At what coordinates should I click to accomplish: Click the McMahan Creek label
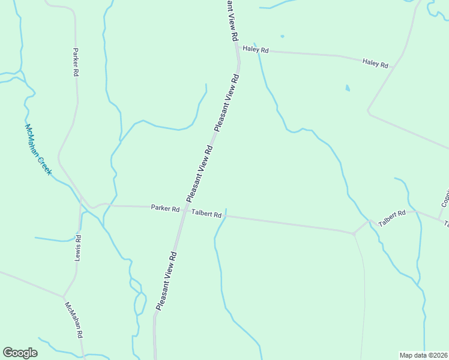pyautogui.click(x=38, y=150)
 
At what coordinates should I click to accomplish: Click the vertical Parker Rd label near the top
pyautogui.click(x=76, y=62)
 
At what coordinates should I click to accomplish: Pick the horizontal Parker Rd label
pyautogui.click(x=165, y=209)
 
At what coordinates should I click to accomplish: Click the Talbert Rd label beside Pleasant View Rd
pyautogui.click(x=206, y=213)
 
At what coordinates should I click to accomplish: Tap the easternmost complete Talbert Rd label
pyautogui.click(x=392, y=217)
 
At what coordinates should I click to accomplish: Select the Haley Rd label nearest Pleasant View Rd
pyautogui.click(x=255, y=50)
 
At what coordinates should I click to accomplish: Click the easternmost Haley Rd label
pyautogui.click(x=375, y=63)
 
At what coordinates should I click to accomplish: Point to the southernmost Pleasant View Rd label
pyautogui.click(x=166, y=281)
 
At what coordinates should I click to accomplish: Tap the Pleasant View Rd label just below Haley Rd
pyautogui.click(x=227, y=103)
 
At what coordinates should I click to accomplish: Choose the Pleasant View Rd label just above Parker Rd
pyautogui.click(x=200, y=173)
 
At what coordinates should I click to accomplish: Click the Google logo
pyautogui.click(x=20, y=353)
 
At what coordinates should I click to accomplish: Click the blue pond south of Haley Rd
pyautogui.click(x=348, y=89)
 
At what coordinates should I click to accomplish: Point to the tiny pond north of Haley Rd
pyautogui.click(x=282, y=36)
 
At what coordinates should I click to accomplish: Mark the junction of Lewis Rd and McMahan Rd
pyautogui.click(x=64, y=296)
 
